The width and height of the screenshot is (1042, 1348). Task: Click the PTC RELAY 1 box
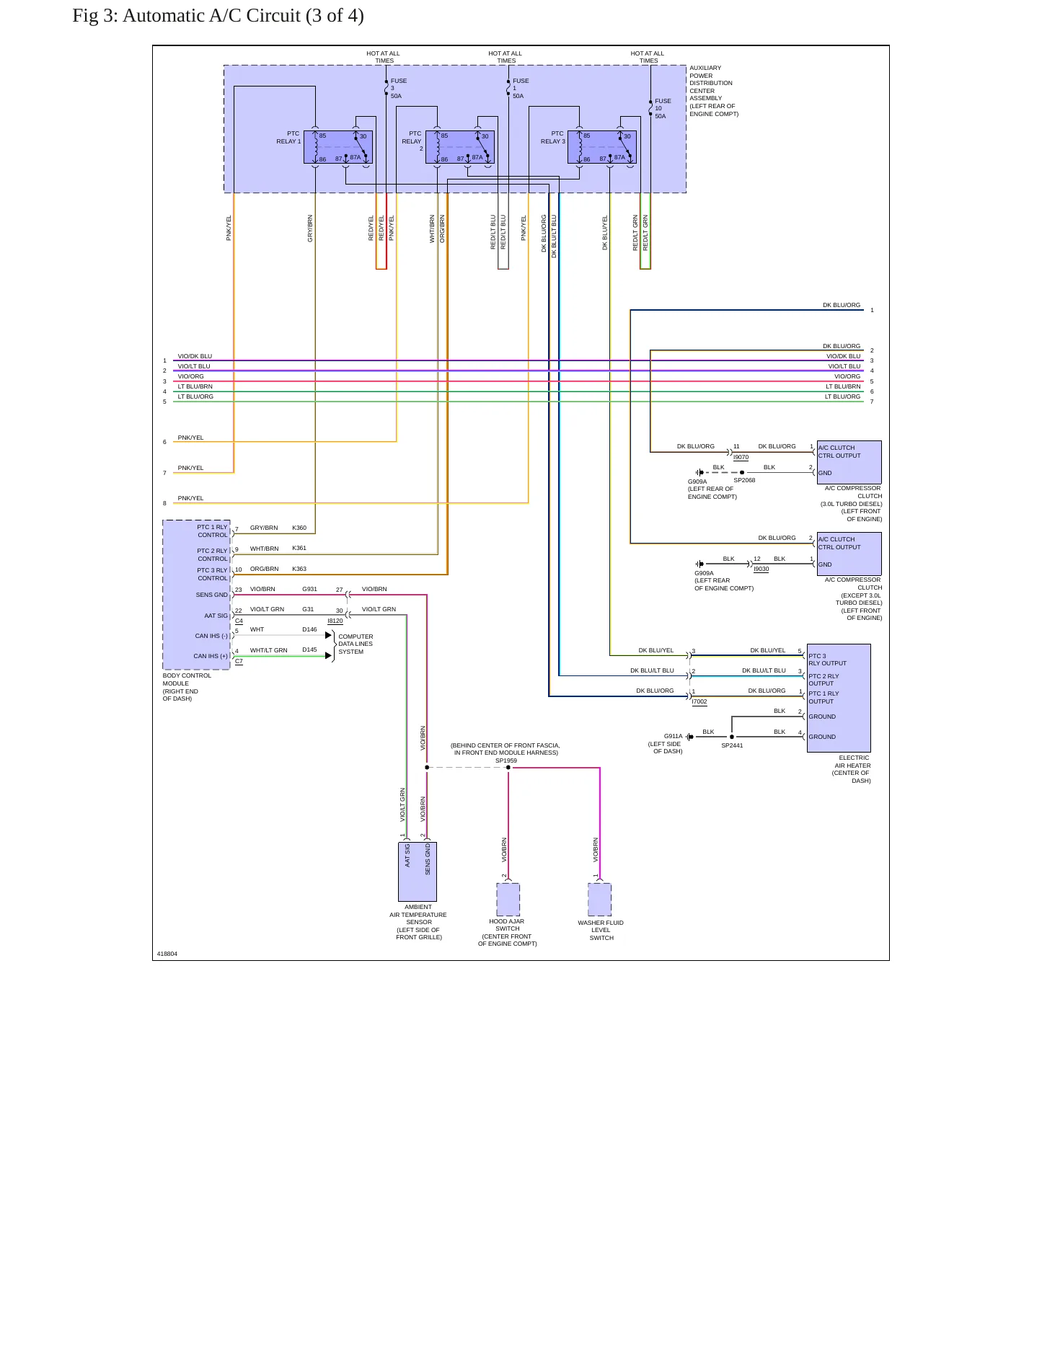click(338, 147)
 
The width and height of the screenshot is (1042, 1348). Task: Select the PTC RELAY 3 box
click(602, 147)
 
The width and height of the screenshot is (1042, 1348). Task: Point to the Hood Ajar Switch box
click(508, 900)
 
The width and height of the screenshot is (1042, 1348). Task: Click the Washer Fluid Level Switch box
click(600, 900)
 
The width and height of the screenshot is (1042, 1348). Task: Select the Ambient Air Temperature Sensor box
click(418, 872)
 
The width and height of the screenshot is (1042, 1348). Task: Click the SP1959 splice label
click(506, 761)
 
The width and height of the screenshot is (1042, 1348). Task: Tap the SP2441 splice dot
click(732, 737)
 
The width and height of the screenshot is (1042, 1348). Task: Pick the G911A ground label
click(673, 737)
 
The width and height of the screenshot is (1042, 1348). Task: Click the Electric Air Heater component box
click(839, 698)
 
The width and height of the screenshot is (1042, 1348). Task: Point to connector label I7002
click(699, 701)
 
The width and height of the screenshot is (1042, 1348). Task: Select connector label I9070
click(741, 457)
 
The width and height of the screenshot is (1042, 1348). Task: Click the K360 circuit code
click(299, 528)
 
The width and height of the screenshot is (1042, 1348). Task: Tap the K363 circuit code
click(299, 569)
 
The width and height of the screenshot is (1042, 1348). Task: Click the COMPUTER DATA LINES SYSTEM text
click(356, 644)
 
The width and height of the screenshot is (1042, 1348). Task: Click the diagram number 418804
click(167, 954)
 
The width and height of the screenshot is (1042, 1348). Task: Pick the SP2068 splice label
click(744, 480)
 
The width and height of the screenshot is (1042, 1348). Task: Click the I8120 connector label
click(335, 621)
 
